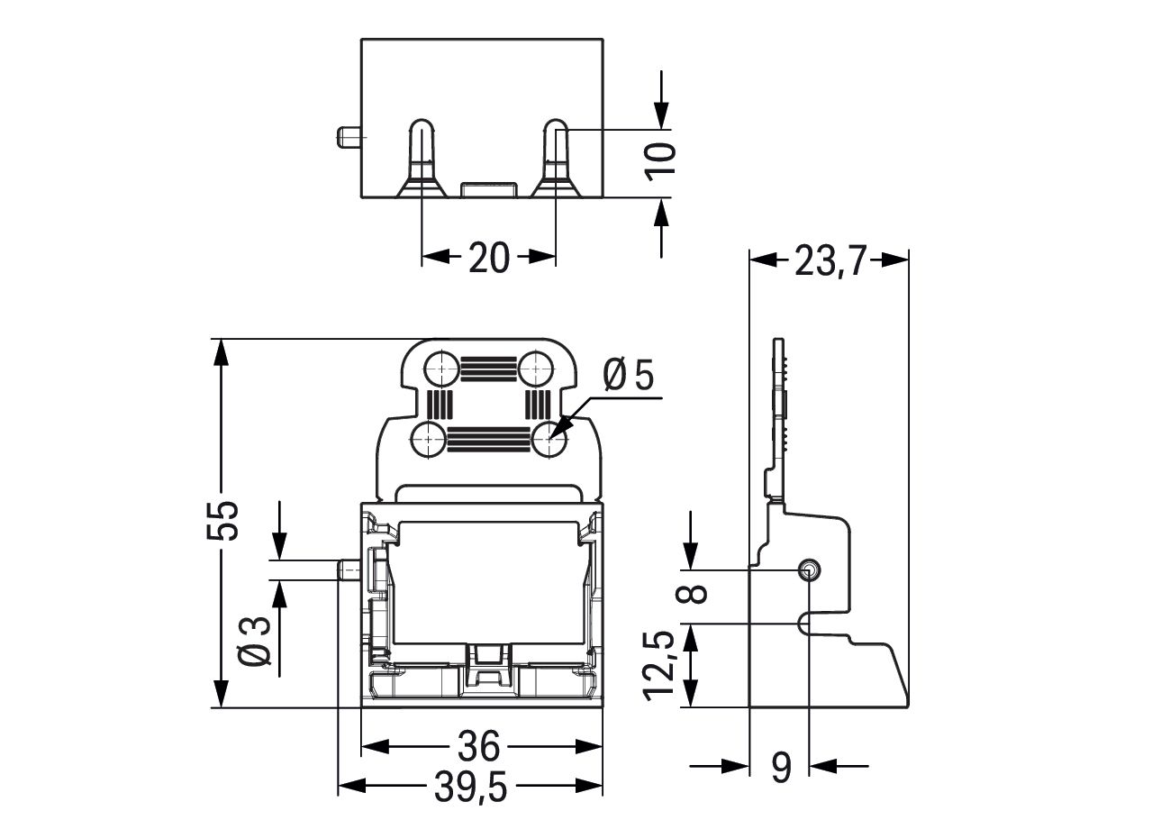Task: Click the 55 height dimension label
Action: (223, 520)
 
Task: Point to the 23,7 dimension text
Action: (829, 260)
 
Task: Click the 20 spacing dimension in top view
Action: (488, 258)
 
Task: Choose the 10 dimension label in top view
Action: (663, 162)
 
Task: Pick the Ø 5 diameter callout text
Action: (628, 375)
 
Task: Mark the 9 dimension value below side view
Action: (781, 768)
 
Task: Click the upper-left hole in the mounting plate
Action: (440, 368)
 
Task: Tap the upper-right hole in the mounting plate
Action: (536, 368)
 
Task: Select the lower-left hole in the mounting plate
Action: (427, 441)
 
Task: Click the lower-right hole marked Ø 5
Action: (549, 441)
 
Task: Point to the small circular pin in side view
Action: (809, 570)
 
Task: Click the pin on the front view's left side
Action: (349, 570)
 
